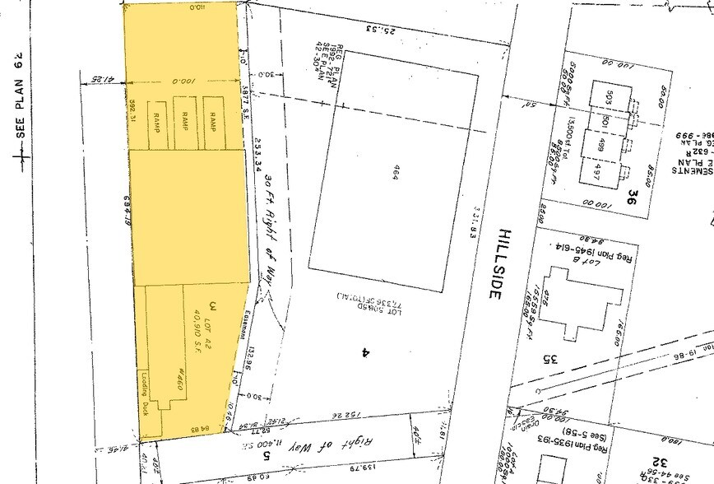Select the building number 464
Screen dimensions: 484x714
[395, 174]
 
